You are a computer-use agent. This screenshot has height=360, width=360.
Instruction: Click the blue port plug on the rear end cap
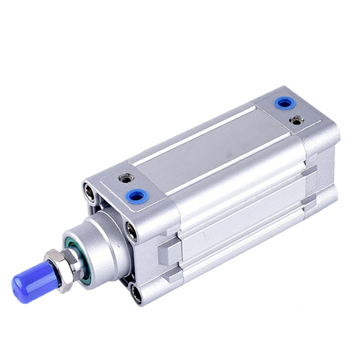point(285,103)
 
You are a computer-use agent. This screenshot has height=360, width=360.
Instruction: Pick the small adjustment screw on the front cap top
point(126,179)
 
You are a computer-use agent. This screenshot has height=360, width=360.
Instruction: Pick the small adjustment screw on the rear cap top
point(296,120)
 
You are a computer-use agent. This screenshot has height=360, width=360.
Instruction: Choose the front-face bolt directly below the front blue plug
point(132,232)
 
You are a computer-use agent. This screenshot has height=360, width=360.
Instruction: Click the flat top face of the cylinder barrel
point(211,148)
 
